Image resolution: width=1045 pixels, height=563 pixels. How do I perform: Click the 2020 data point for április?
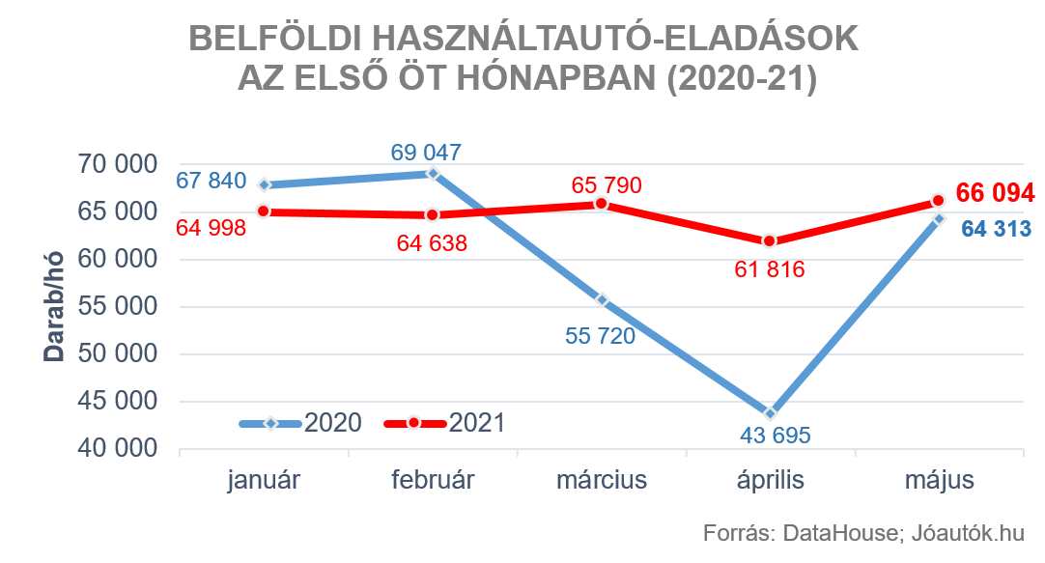click(x=770, y=412)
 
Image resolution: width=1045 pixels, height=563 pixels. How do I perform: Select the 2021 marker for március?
click(x=601, y=204)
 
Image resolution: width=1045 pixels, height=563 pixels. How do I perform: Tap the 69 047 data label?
click(x=426, y=153)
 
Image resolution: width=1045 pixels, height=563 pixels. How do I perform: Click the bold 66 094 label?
click(x=995, y=193)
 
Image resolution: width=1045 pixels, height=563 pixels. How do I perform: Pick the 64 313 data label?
click(x=995, y=230)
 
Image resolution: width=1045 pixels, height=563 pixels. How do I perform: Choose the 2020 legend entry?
click(x=300, y=423)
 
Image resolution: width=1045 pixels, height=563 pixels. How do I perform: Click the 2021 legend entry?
click(x=445, y=423)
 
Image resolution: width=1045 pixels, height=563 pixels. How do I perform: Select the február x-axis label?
click(x=433, y=481)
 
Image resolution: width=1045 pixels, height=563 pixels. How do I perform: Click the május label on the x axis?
click(x=940, y=481)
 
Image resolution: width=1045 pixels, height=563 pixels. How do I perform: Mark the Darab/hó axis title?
click(x=54, y=307)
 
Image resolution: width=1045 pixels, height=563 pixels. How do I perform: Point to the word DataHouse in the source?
click(x=837, y=533)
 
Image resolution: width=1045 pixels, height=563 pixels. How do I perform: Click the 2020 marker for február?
click(x=433, y=174)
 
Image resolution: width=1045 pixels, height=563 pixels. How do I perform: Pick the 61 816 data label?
click(x=769, y=269)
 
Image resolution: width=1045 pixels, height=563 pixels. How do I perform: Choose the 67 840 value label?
click(x=212, y=182)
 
